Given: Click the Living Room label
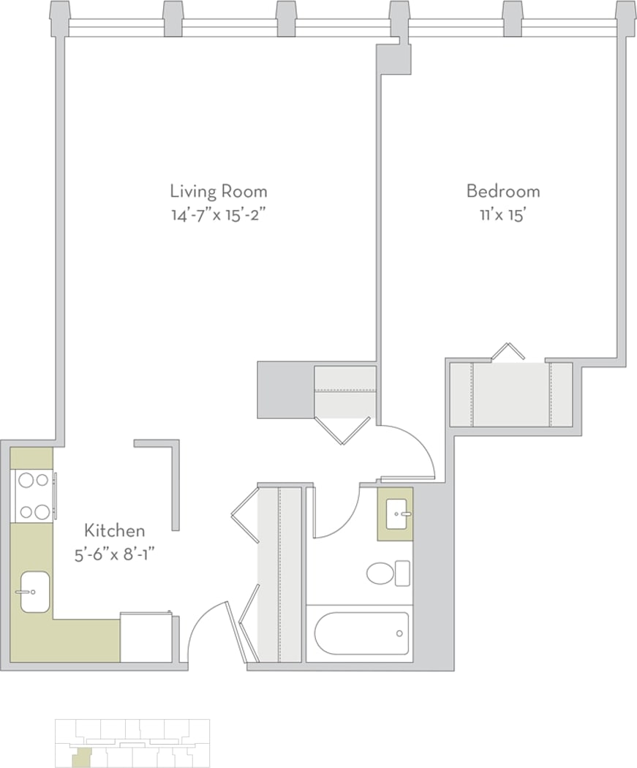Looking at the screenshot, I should click(x=218, y=192).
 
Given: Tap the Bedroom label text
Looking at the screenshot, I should click(x=503, y=192).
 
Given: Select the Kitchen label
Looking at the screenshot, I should click(x=114, y=530).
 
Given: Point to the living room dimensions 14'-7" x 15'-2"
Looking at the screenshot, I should click(x=218, y=216).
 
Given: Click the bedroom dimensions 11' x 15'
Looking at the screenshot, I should click(x=503, y=216).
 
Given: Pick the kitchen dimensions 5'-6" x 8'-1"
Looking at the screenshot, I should click(x=114, y=554).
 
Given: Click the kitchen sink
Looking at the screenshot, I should click(x=34, y=592).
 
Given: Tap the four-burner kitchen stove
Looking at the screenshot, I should click(x=34, y=496).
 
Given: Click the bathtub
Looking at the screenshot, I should click(x=361, y=634).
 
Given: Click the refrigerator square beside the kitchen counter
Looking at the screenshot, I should click(x=146, y=638).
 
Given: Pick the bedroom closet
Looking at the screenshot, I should click(x=510, y=394).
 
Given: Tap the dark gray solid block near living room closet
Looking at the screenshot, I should click(x=285, y=390).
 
